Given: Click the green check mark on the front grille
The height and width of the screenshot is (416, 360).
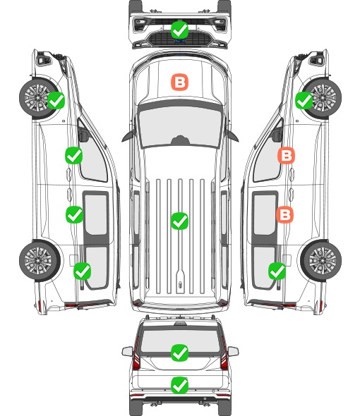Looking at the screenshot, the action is (179, 30).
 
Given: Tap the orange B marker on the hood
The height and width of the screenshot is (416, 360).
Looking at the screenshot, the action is (179, 82).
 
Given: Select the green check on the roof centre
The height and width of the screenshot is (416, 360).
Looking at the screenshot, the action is (179, 221).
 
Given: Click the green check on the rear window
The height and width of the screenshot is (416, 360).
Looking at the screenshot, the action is (179, 353).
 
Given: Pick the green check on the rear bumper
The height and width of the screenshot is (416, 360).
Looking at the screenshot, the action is (179, 385).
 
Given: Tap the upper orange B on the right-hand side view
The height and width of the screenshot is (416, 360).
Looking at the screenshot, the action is (286, 155).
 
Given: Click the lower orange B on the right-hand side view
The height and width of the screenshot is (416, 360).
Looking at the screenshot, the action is (284, 214).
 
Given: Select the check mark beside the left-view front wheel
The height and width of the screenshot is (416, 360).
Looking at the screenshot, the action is (56, 100).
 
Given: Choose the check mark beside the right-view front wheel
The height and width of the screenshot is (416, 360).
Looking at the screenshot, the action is (304, 101).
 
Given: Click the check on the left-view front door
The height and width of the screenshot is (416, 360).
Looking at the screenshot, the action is (74, 155).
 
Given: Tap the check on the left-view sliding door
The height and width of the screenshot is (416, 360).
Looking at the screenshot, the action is (74, 214).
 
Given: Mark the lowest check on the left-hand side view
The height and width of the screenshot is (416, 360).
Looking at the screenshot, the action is (83, 271).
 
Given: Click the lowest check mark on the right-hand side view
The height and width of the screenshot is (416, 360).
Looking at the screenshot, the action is (277, 271).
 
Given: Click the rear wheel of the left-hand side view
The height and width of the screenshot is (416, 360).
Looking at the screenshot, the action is (40, 261).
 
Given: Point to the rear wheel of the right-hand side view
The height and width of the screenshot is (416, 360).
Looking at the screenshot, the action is (321, 261).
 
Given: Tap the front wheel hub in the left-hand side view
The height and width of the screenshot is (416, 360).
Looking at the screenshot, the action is (37, 97).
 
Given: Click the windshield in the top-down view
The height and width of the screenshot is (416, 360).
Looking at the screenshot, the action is (180, 126).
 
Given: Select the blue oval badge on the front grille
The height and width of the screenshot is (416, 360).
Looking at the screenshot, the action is (180, 41).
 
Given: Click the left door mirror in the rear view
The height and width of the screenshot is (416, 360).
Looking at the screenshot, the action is (127, 351).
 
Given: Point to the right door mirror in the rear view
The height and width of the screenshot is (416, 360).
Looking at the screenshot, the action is (233, 351).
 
